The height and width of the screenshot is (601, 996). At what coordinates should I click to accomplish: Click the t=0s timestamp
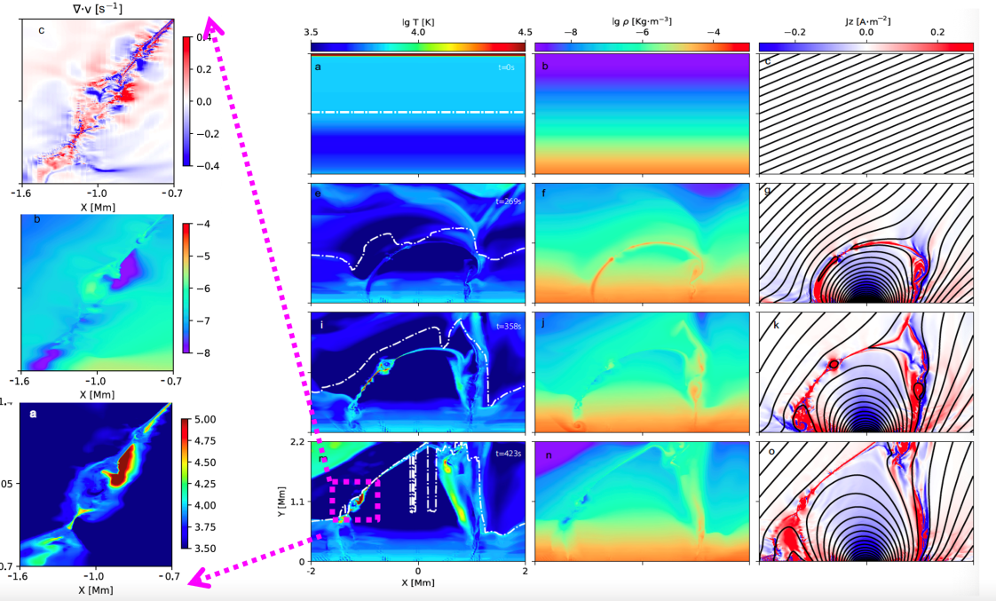click(508, 67)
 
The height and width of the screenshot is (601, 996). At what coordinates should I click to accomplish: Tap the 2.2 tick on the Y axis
click(299, 442)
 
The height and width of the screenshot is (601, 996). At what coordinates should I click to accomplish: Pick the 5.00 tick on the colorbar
click(210, 419)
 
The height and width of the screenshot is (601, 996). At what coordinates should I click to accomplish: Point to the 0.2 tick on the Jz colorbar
click(937, 33)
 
